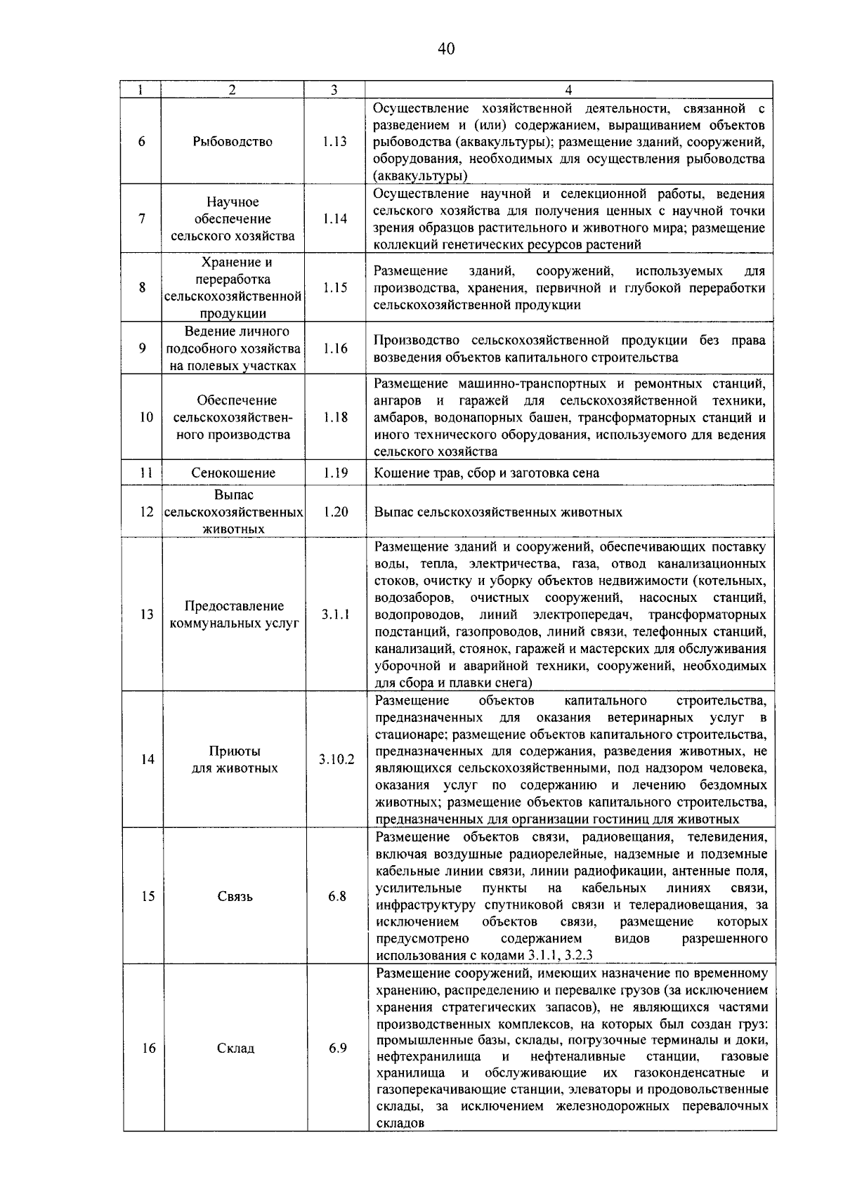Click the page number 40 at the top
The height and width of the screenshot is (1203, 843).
(x=446, y=48)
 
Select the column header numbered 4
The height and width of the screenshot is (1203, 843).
(x=568, y=89)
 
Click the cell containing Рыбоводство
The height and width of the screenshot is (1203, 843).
(x=233, y=141)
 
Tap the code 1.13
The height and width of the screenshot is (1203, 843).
(x=334, y=141)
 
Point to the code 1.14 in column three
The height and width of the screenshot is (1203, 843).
(x=334, y=218)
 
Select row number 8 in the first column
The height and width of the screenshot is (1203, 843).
(x=142, y=287)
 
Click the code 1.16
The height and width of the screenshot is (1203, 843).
(x=335, y=348)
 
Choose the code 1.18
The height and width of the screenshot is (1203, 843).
(x=335, y=417)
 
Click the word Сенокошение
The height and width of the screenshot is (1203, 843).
(x=233, y=473)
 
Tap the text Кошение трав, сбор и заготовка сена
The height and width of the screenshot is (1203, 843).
(x=486, y=473)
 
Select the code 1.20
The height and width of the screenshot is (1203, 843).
(x=336, y=512)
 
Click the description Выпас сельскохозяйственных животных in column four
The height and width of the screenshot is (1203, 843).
(x=498, y=512)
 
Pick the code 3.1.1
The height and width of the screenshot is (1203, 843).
(x=336, y=614)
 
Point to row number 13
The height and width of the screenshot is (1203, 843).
(x=146, y=614)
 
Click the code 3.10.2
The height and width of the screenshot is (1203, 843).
(x=336, y=759)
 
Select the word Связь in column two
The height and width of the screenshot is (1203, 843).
(x=235, y=896)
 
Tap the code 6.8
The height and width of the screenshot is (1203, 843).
(x=337, y=896)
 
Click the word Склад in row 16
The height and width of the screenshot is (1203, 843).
(x=235, y=1048)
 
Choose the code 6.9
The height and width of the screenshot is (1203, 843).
(x=338, y=1048)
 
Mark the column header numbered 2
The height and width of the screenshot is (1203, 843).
(x=233, y=89)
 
